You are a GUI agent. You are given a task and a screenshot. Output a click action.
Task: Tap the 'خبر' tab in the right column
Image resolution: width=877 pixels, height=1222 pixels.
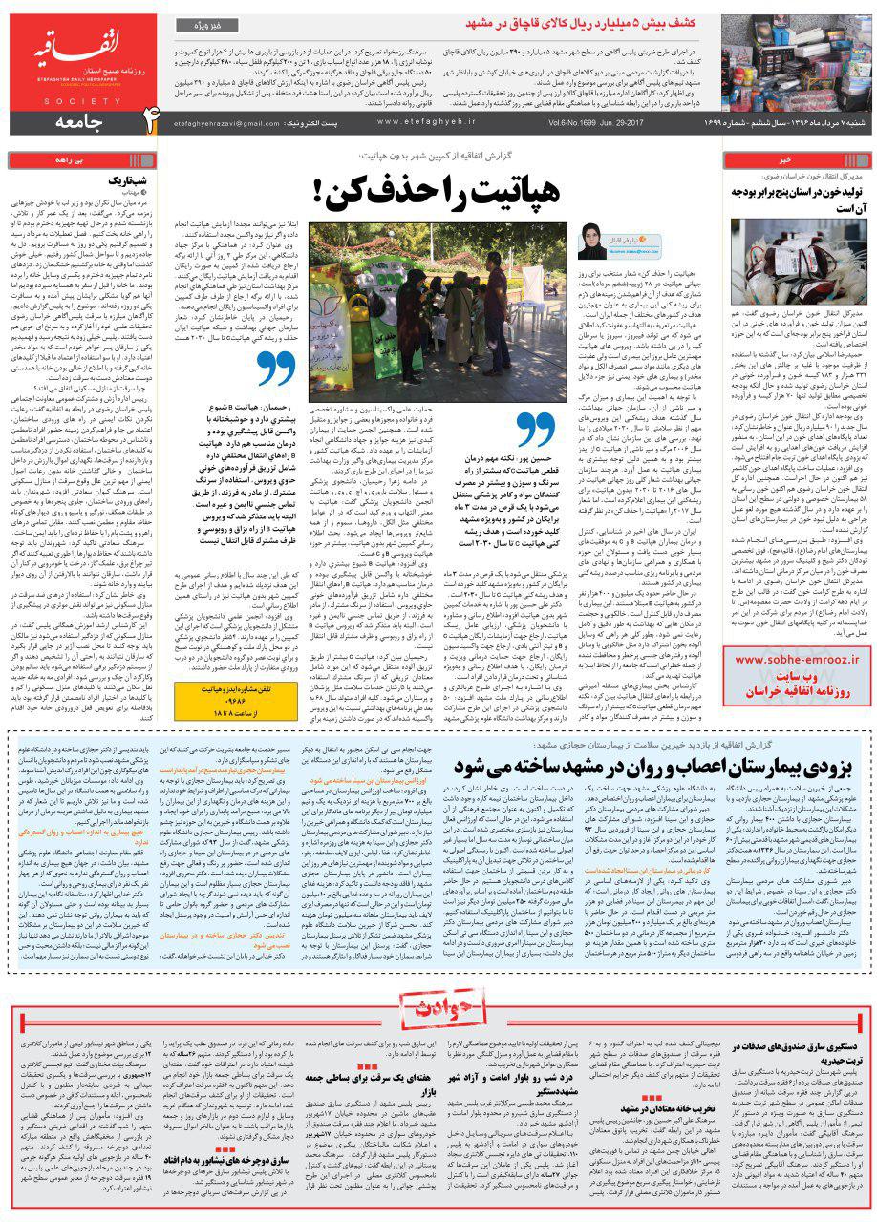click(x=797, y=159)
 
